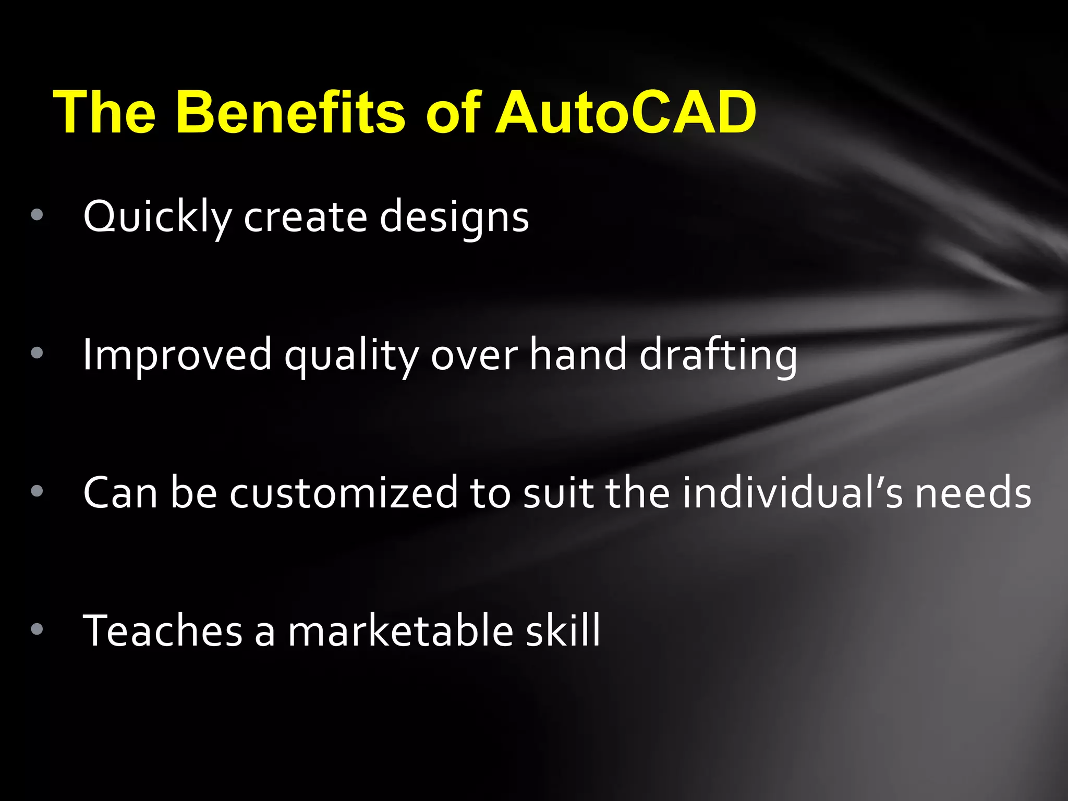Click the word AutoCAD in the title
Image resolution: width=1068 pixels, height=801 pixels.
(x=625, y=112)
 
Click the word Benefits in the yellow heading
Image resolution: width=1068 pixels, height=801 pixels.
(x=290, y=112)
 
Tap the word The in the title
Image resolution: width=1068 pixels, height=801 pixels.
(x=104, y=112)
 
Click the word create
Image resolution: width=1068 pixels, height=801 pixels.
(x=306, y=216)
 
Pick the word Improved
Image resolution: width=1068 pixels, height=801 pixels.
(x=177, y=355)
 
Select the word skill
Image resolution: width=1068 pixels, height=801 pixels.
(x=563, y=630)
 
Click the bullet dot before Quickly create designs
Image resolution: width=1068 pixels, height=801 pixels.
(x=37, y=215)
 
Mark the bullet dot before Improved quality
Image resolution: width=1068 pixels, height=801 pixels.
(x=37, y=353)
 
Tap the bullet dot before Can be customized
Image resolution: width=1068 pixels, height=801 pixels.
(x=37, y=491)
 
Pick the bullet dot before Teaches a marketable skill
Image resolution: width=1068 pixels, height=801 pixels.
(x=37, y=629)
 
